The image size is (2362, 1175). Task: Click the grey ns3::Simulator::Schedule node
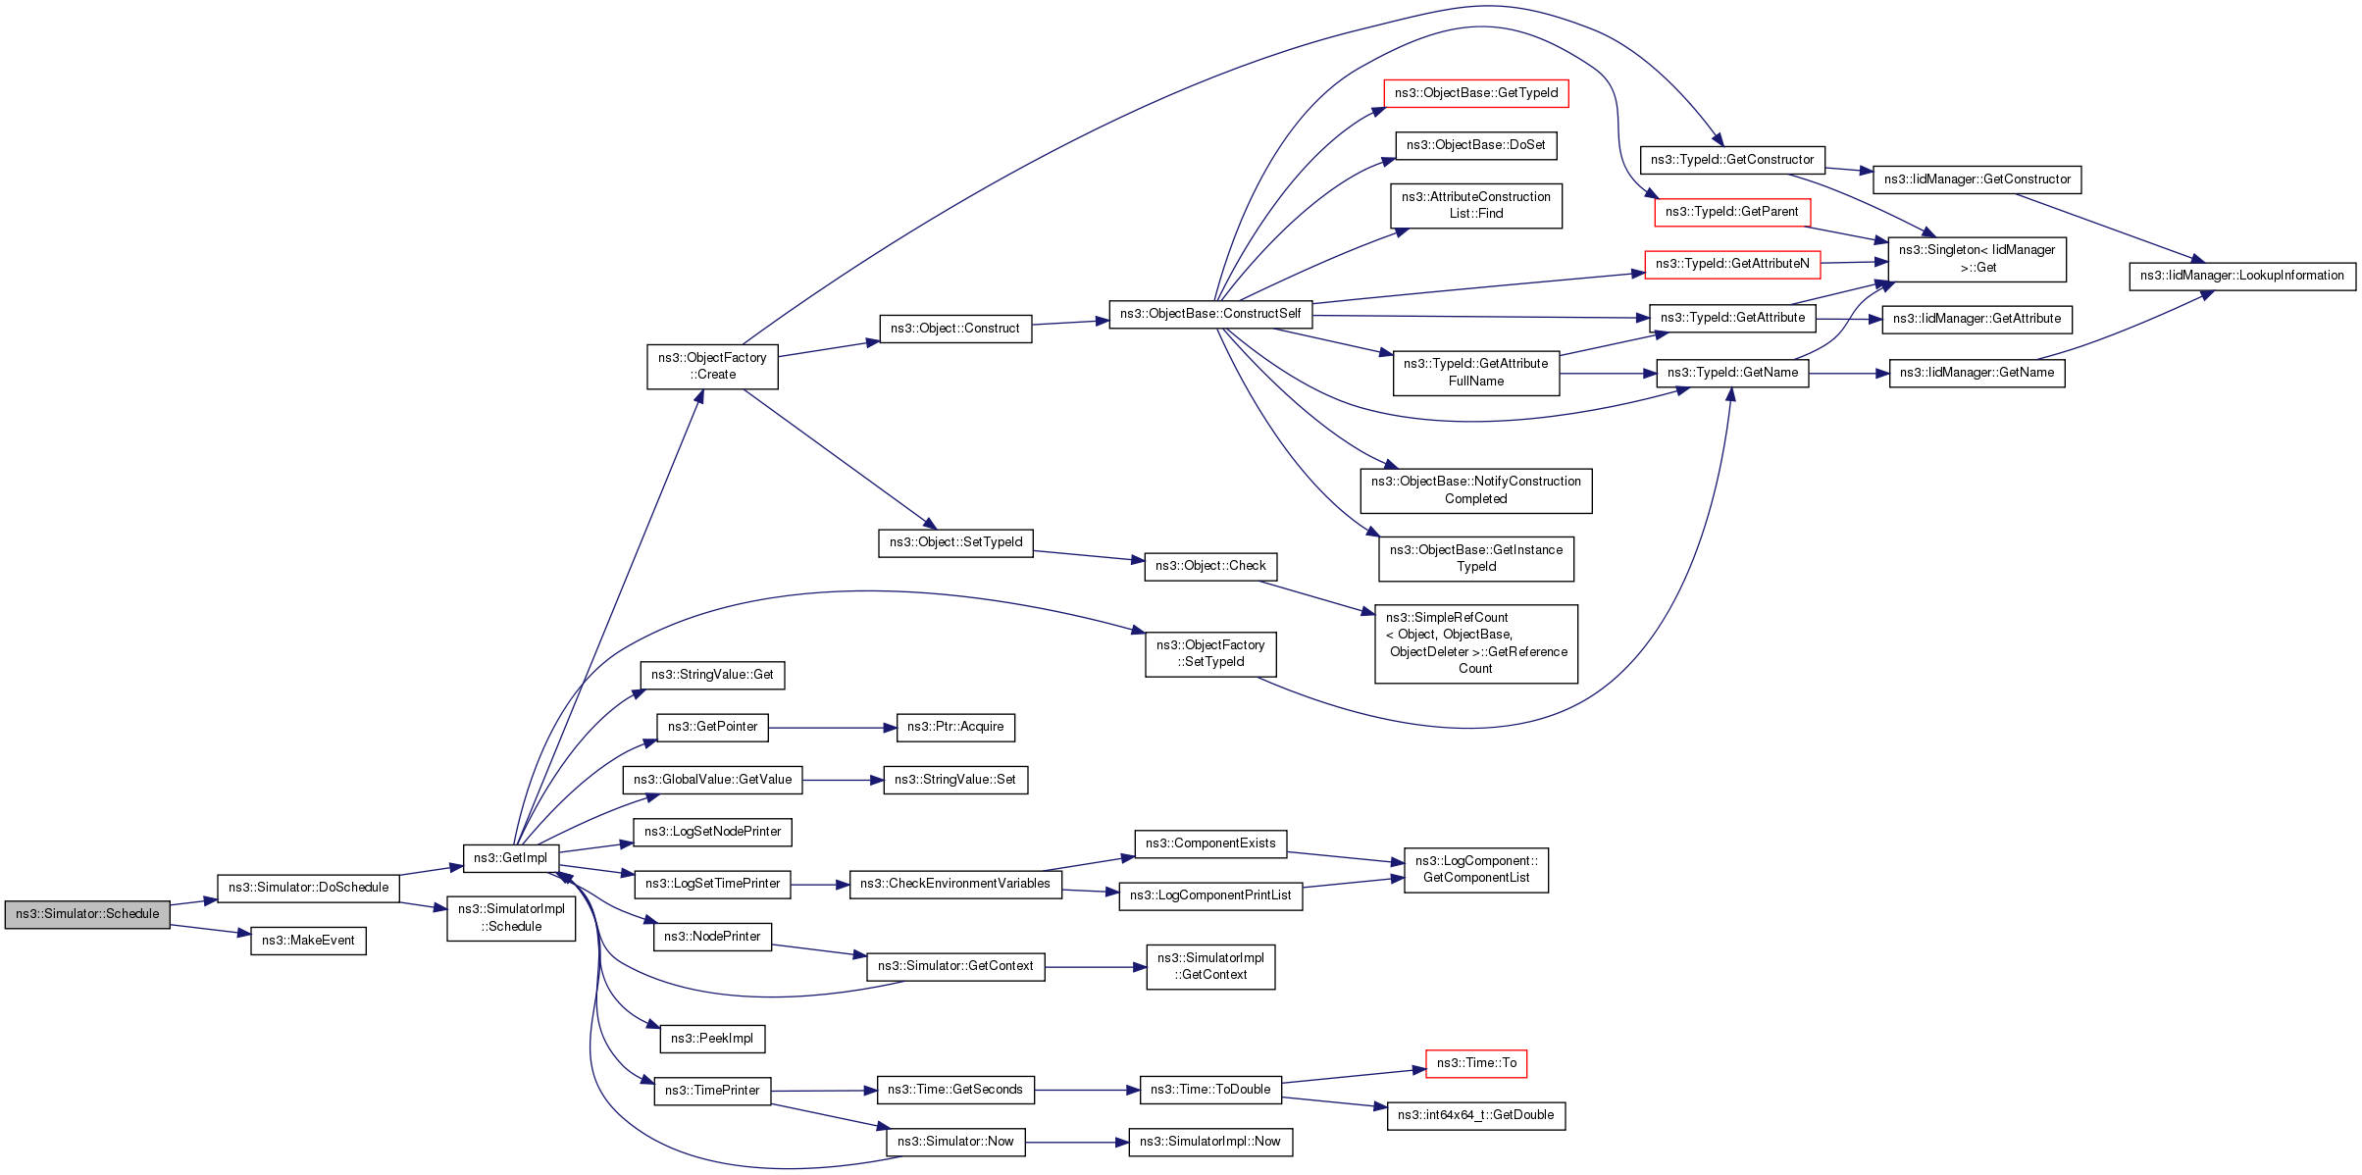(x=87, y=914)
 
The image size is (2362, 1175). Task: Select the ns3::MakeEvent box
(x=308, y=941)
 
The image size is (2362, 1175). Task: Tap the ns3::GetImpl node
(x=510, y=858)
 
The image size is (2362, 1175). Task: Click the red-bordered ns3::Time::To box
(x=1475, y=1063)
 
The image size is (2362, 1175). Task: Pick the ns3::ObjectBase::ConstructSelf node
(x=1210, y=314)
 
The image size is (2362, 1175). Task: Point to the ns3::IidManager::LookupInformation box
(x=2241, y=276)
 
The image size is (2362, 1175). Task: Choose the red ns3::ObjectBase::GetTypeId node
(x=1475, y=93)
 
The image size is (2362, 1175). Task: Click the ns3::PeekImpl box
(x=711, y=1039)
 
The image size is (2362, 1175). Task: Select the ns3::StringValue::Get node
(x=712, y=675)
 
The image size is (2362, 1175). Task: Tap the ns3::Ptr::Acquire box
(x=954, y=727)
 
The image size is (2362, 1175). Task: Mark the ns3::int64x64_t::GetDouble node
(x=1475, y=1115)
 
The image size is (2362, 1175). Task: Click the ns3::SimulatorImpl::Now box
(x=1210, y=1142)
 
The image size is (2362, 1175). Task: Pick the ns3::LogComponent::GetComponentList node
(x=1475, y=870)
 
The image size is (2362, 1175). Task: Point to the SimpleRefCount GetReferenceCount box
(x=1475, y=643)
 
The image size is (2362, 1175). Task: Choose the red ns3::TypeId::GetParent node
(x=1731, y=212)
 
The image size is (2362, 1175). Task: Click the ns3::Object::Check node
(x=1209, y=566)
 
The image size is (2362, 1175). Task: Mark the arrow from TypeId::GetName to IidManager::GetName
(x=1848, y=374)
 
